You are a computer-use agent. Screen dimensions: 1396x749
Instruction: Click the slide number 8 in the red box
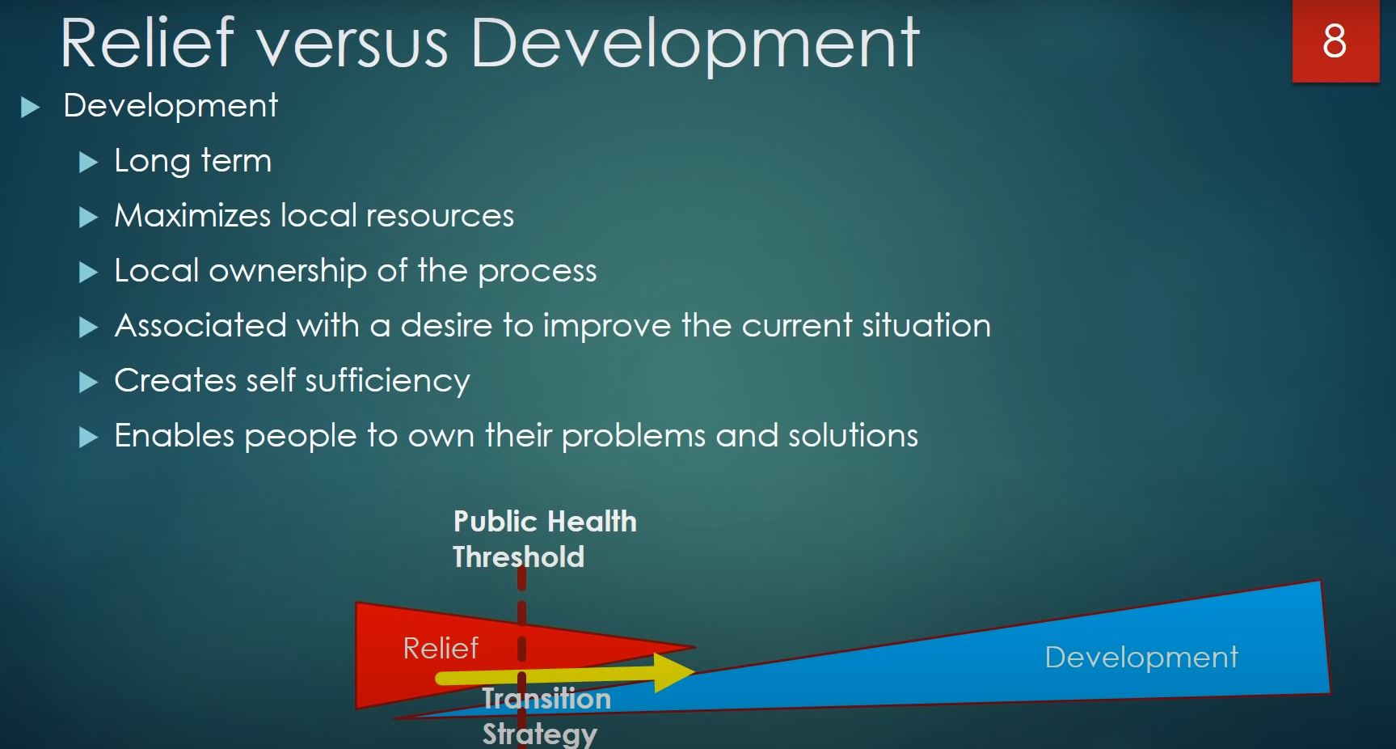[1335, 41]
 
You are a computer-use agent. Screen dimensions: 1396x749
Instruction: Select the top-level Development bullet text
[171, 106]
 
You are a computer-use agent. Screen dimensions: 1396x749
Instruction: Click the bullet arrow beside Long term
[88, 163]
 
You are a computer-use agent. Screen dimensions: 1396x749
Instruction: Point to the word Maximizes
[192, 216]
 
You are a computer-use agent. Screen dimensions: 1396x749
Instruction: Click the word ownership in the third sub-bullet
[288, 272]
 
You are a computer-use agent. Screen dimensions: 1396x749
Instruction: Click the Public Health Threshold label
[545, 539]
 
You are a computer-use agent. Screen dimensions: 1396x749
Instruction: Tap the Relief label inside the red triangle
[441, 648]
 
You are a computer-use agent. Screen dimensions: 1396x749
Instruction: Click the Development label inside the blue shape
[1141, 657]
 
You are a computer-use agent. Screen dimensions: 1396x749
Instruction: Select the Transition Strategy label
[546, 715]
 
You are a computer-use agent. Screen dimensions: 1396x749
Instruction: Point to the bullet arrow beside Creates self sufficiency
[88, 383]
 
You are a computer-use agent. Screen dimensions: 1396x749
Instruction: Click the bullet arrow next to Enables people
[88, 438]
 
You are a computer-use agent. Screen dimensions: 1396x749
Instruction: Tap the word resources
[440, 216]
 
